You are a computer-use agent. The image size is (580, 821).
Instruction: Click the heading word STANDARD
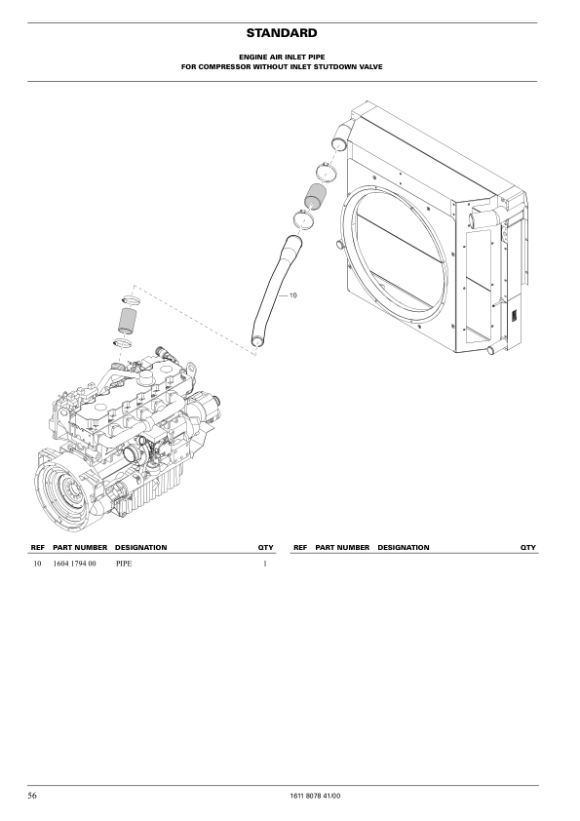point(282,33)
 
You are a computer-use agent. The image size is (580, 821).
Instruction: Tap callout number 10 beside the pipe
point(293,295)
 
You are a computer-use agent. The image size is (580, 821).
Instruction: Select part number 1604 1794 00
point(75,564)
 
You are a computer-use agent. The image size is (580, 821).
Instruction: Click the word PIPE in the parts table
point(124,564)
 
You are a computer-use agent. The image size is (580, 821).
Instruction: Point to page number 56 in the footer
point(32,796)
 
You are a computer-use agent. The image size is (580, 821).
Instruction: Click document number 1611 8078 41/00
point(315,797)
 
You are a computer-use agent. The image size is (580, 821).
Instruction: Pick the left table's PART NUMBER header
point(80,547)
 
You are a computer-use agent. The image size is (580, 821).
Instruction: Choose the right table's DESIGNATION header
point(403,547)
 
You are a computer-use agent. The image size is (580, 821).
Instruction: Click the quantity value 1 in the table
point(265,564)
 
